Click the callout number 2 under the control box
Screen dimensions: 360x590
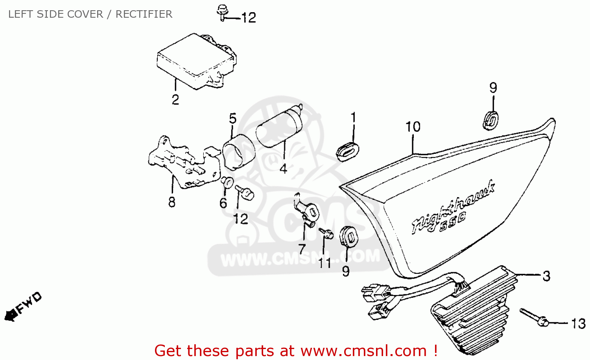pyautogui.click(x=175, y=100)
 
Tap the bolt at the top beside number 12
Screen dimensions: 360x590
pyautogui.click(x=223, y=12)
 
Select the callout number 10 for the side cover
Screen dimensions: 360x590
pyautogui.click(x=413, y=127)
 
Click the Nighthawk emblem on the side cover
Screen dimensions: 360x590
pyautogui.click(x=452, y=209)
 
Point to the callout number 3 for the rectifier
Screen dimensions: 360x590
pyautogui.click(x=546, y=276)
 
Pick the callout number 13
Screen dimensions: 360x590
pyautogui.click(x=578, y=324)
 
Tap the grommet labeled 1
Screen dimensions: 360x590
pyautogui.click(x=347, y=151)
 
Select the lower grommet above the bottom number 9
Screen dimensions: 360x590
pyautogui.click(x=348, y=236)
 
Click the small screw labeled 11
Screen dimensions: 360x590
pyautogui.click(x=326, y=233)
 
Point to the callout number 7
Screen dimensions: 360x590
pyautogui.click(x=302, y=249)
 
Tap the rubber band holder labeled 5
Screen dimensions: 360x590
pyautogui.click(x=238, y=151)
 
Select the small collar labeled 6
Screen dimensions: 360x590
pyautogui.click(x=227, y=182)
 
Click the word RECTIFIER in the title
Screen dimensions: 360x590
pyautogui.click(x=144, y=14)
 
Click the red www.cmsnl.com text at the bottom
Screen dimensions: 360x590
pyautogui.click(x=363, y=351)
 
